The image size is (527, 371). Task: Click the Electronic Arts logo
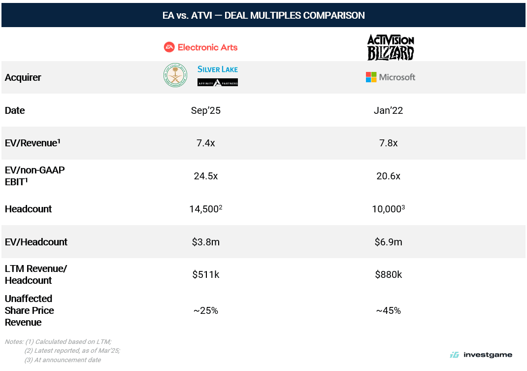200,47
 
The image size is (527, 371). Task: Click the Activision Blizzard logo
391,47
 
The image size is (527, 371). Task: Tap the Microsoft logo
391,77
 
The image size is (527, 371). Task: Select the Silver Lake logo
217,69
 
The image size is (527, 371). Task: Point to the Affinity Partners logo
217,82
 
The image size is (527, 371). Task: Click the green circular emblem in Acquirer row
175,75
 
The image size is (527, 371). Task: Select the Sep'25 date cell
206,110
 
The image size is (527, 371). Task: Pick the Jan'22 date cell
388,110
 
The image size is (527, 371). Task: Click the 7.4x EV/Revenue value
206,143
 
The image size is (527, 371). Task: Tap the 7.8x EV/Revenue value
388,143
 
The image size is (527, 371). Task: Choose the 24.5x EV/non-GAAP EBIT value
206,176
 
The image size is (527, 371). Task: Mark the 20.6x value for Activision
388,176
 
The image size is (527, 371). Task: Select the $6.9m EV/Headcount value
388,242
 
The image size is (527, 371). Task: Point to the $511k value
206,274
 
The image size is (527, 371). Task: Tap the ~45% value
388,310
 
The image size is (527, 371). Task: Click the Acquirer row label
23,77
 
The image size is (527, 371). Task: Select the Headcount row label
28,209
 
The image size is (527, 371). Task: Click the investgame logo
481,355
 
